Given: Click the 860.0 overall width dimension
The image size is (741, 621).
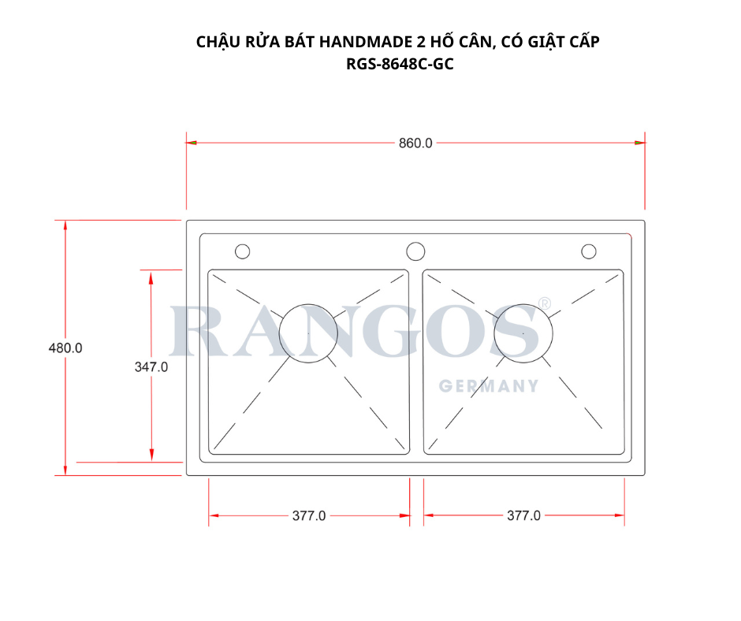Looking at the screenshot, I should click(415, 143).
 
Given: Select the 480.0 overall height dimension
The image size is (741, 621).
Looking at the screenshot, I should click(66, 348).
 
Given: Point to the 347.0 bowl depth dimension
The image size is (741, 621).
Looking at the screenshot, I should click(151, 366).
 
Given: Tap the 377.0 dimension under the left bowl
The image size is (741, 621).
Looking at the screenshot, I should click(309, 516).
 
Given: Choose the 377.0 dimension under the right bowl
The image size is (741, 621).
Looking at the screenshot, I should click(523, 516).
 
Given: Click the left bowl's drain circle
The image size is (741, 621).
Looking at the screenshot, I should click(308, 333).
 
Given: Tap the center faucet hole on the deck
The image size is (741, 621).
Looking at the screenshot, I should click(415, 251).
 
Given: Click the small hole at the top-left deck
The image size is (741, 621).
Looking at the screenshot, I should click(243, 251).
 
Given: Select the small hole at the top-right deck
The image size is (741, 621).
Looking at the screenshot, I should click(588, 251).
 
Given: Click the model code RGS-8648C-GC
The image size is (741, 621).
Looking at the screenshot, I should click(400, 65).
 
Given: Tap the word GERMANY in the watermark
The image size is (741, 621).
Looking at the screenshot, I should click(489, 386).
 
